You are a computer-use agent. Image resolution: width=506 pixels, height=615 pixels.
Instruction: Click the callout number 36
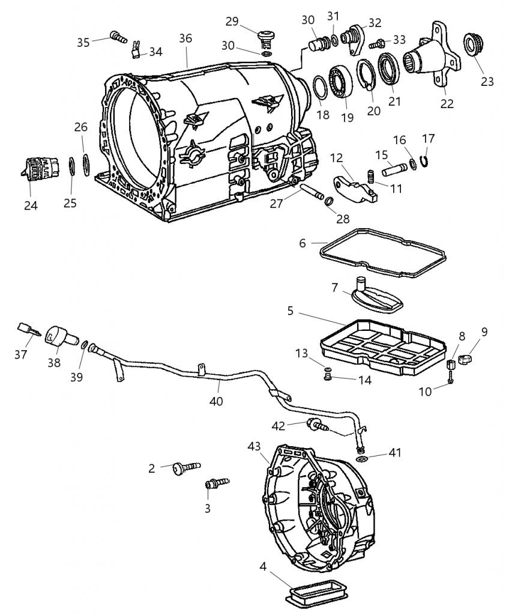coord(186,38)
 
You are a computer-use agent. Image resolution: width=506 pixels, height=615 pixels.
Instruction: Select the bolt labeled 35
coord(118,37)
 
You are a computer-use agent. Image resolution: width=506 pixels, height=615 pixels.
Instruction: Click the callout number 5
coord(290,312)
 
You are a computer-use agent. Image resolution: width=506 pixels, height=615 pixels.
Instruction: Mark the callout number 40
coord(216,401)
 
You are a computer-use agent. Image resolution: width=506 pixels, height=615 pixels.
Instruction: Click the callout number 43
coord(254,446)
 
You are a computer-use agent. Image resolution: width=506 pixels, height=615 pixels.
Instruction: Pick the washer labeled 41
coord(363,459)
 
